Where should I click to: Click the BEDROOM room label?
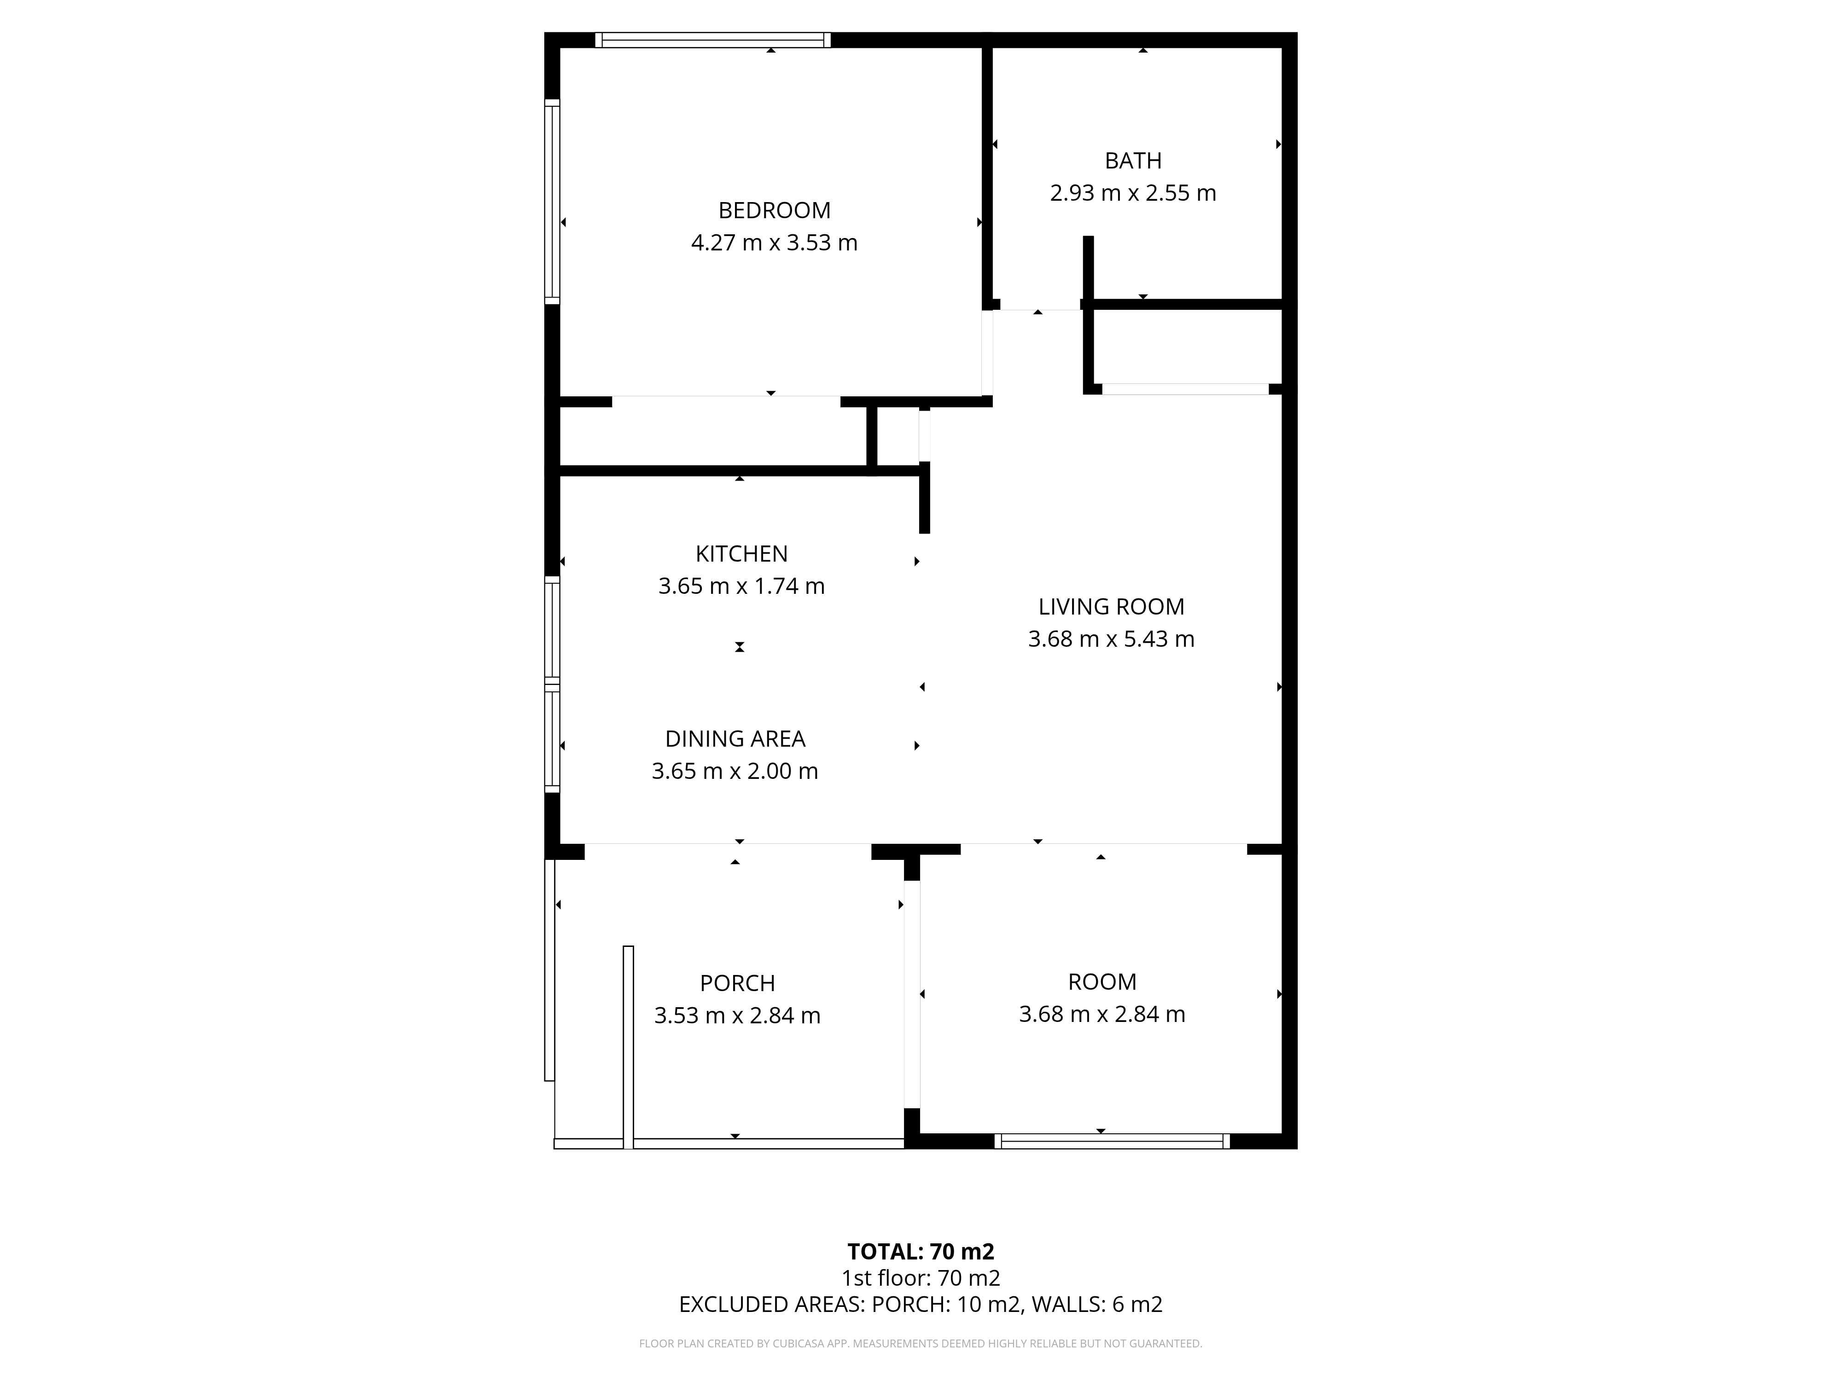pos(775,211)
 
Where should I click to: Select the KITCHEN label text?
pos(741,554)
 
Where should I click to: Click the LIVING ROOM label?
pos(1111,607)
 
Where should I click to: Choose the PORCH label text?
pos(737,984)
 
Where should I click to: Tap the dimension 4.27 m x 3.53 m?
pos(775,243)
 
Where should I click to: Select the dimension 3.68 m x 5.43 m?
pos(1111,639)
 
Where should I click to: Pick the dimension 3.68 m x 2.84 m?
pos(1102,1015)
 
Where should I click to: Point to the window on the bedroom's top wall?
pos(713,40)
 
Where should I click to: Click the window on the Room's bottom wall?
pos(1112,1141)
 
